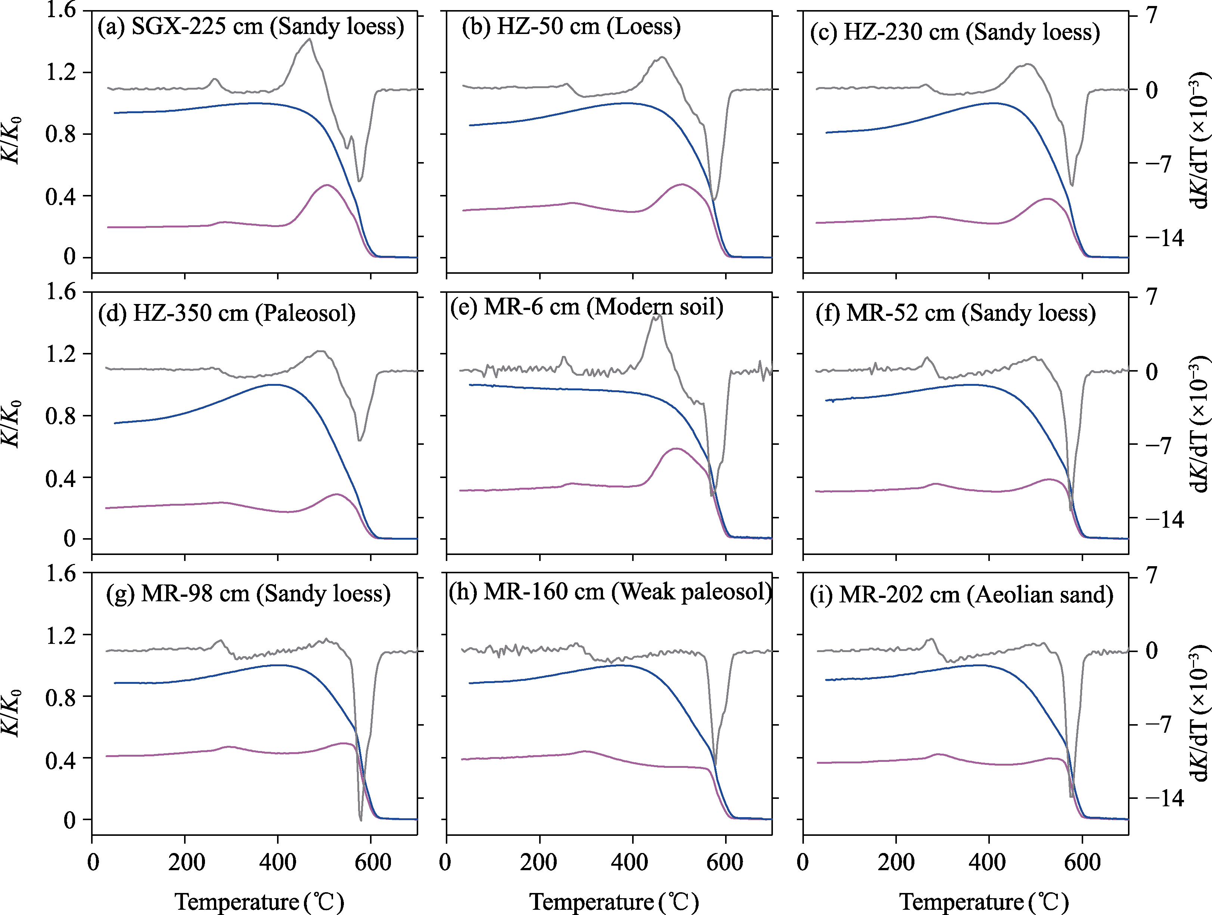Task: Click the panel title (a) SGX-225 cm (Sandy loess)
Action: pyautogui.click(x=251, y=26)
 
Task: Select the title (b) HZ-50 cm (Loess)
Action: pyautogui.click(x=571, y=26)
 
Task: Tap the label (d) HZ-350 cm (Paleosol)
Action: pyautogui.click(x=226, y=313)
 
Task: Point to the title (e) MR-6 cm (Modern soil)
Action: pyautogui.click(x=586, y=307)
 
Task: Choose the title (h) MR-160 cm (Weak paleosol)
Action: pyautogui.click(x=610, y=592)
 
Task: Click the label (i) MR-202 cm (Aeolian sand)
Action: pyautogui.click(x=961, y=595)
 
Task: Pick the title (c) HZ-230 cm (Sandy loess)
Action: pyautogui.click(x=954, y=32)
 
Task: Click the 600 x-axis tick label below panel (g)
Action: pyautogui.click(x=372, y=862)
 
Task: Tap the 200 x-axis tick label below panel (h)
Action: pyautogui.click(x=539, y=862)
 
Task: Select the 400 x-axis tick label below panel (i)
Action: pyautogui.click(x=987, y=862)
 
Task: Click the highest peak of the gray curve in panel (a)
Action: pyautogui.click(x=310, y=39)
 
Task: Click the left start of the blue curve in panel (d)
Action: pyautogui.click(x=115, y=423)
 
